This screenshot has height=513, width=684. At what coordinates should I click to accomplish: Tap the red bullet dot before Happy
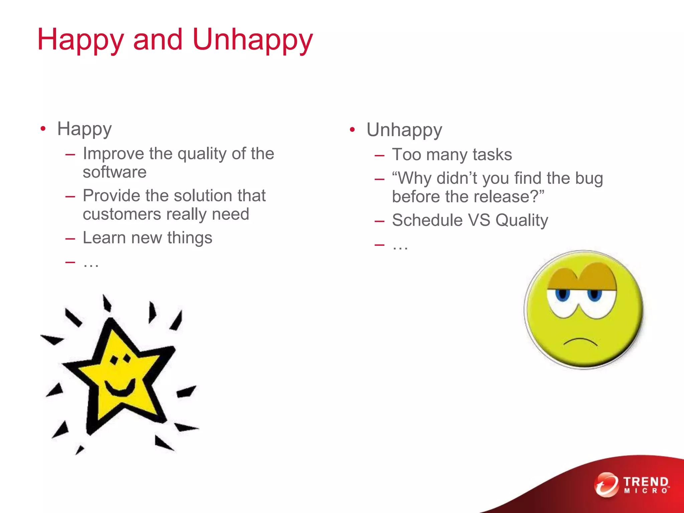pos(43,129)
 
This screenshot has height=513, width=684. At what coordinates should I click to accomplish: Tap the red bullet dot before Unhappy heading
pos(352,130)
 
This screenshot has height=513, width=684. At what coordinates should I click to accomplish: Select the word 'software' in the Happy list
pos(115,172)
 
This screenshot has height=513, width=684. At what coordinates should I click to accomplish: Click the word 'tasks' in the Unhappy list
pos(492,155)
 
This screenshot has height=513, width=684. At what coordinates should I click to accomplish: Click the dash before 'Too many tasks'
pos(379,155)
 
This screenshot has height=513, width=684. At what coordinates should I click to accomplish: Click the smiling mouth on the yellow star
pos(120,388)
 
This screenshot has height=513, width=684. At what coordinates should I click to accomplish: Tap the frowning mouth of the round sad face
pos(580,342)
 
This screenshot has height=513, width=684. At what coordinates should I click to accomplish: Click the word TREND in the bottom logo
pos(646,482)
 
